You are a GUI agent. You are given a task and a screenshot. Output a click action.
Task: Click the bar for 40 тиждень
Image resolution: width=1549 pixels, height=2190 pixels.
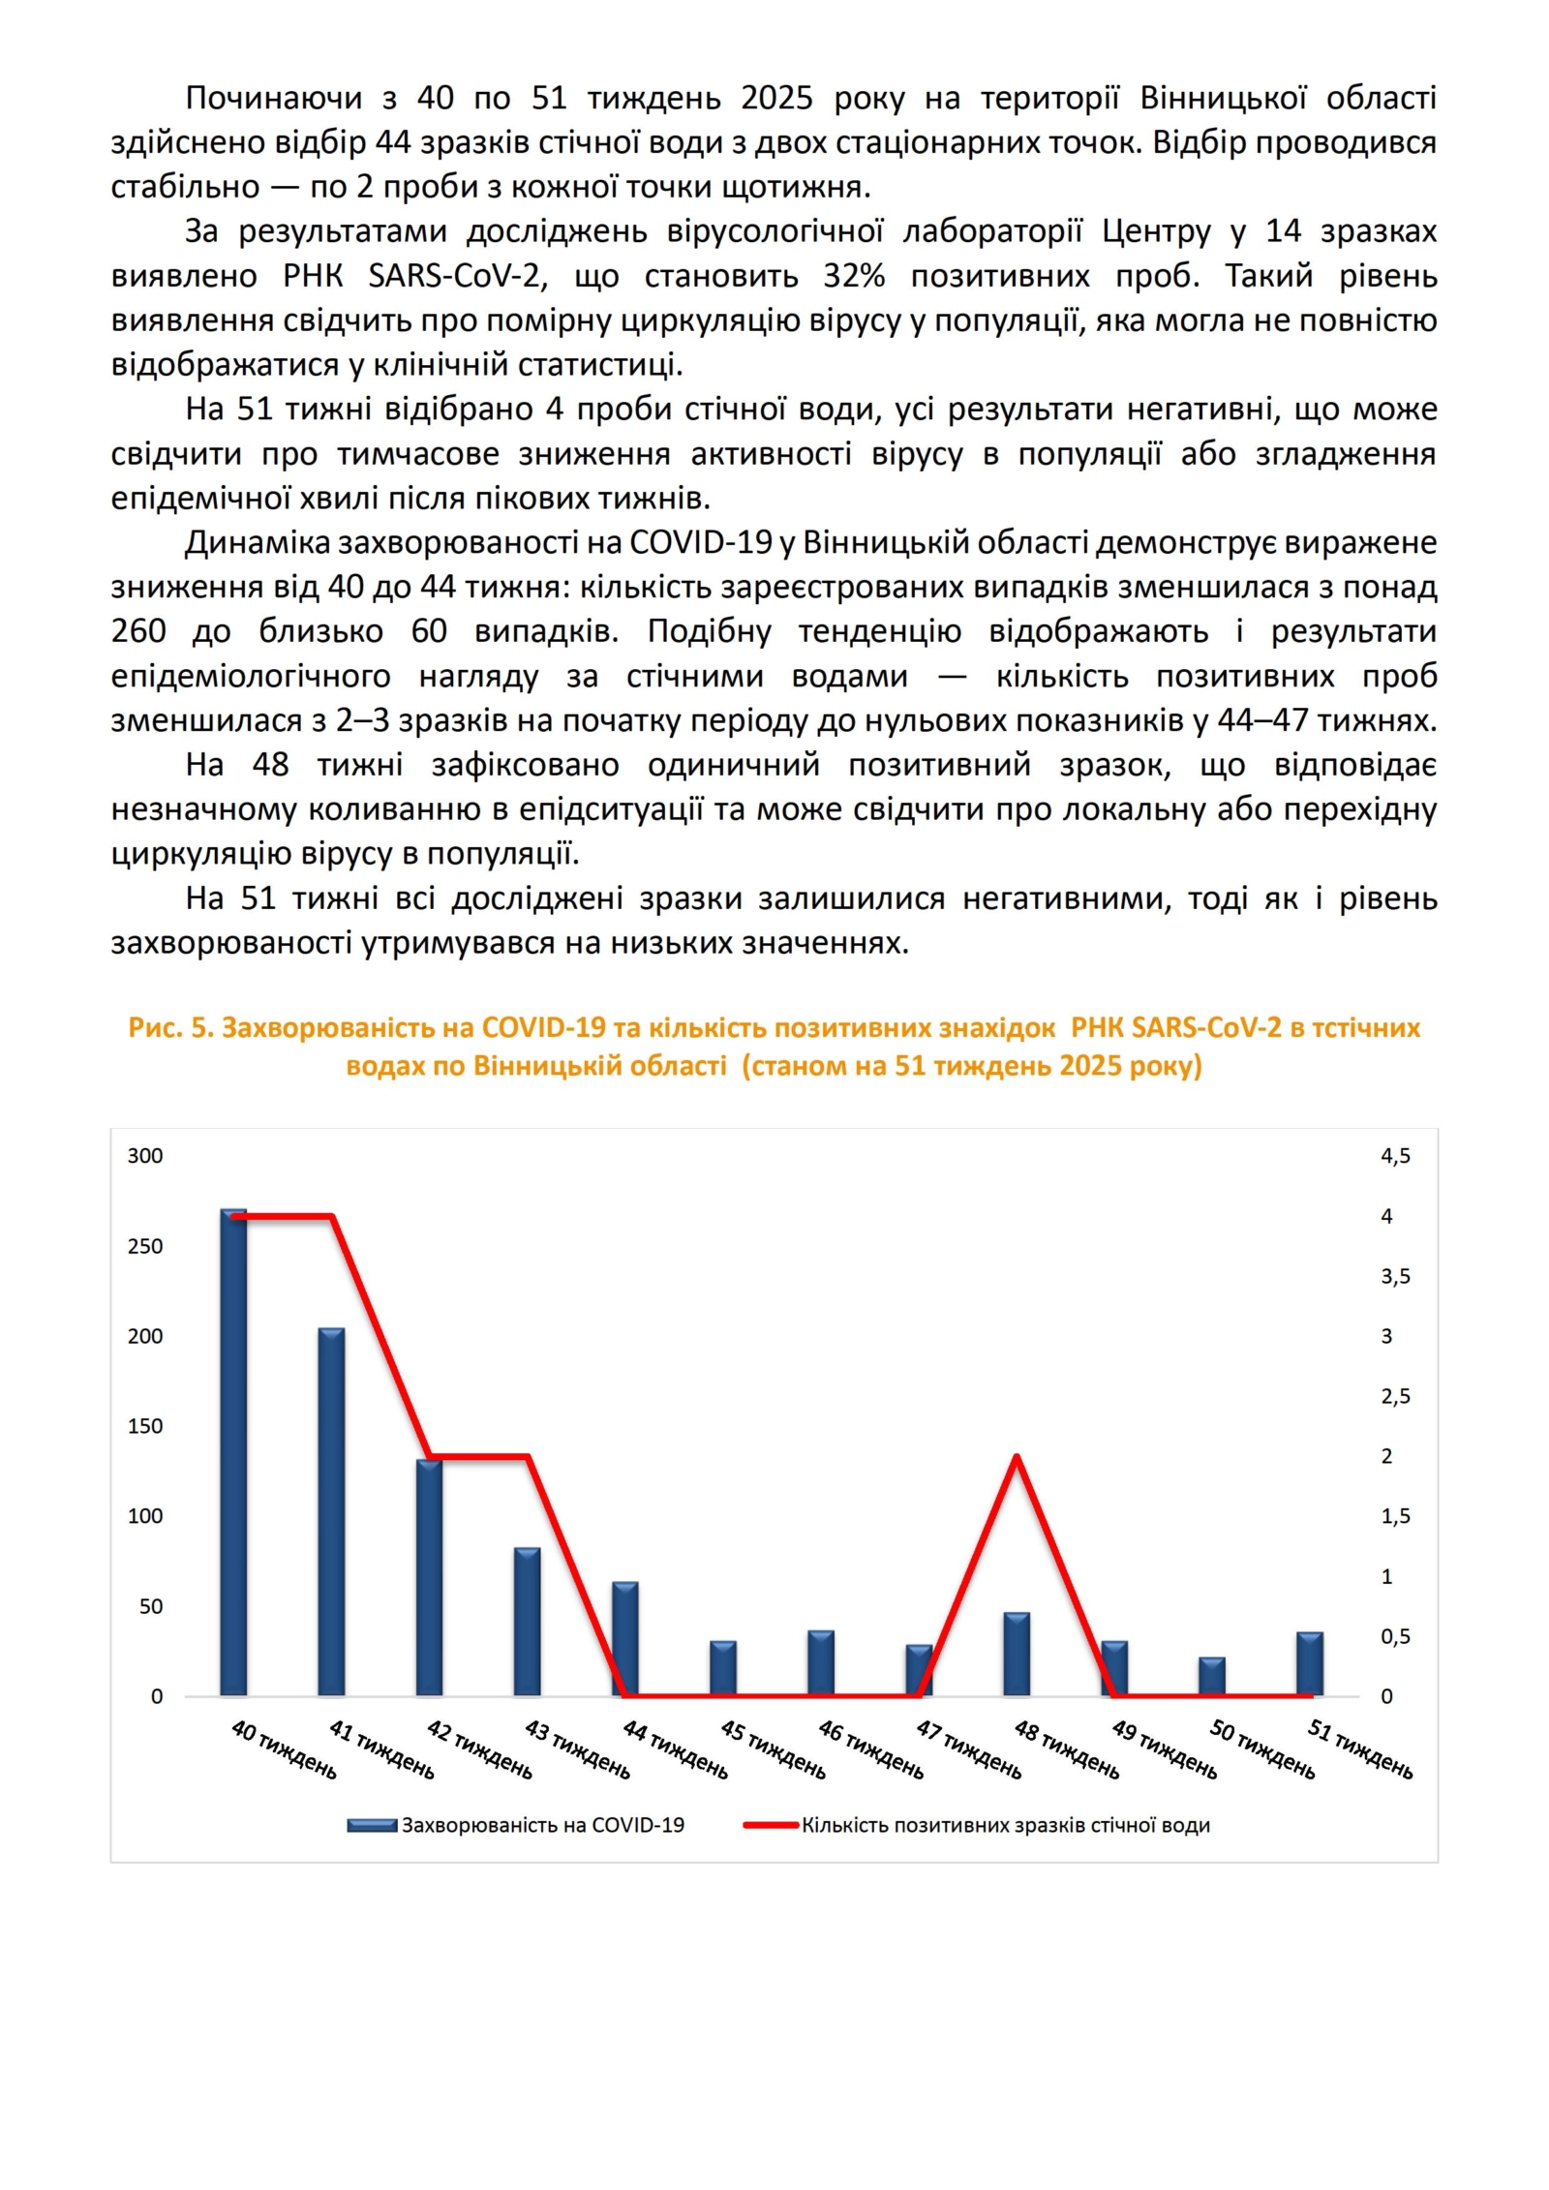[233, 1452]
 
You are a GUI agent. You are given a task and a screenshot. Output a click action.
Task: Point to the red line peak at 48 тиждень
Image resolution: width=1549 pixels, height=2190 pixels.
[1016, 1457]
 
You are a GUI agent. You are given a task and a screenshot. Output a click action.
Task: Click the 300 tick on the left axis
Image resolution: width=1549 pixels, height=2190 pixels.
[145, 1156]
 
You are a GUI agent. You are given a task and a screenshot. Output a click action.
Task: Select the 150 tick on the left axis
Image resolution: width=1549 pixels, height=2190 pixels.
[145, 1426]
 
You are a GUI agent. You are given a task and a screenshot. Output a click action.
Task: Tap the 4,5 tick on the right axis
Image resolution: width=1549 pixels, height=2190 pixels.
[1395, 1156]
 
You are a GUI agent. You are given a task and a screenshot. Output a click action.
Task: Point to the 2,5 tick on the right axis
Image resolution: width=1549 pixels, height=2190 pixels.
[1395, 1396]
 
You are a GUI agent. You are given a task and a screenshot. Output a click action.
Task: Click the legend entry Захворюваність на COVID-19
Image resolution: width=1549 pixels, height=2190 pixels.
[542, 1826]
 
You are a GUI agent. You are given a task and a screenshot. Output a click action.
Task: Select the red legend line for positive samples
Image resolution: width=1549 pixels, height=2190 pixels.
[772, 1826]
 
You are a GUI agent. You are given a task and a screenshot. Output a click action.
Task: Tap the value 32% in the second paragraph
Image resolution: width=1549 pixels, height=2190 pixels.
[854, 276]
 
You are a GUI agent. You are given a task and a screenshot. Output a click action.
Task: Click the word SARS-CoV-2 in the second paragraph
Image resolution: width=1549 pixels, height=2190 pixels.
[457, 276]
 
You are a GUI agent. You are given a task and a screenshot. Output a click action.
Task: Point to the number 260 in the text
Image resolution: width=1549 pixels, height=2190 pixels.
[138, 631]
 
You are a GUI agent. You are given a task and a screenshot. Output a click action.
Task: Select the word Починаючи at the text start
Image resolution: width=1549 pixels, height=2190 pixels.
[274, 98]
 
